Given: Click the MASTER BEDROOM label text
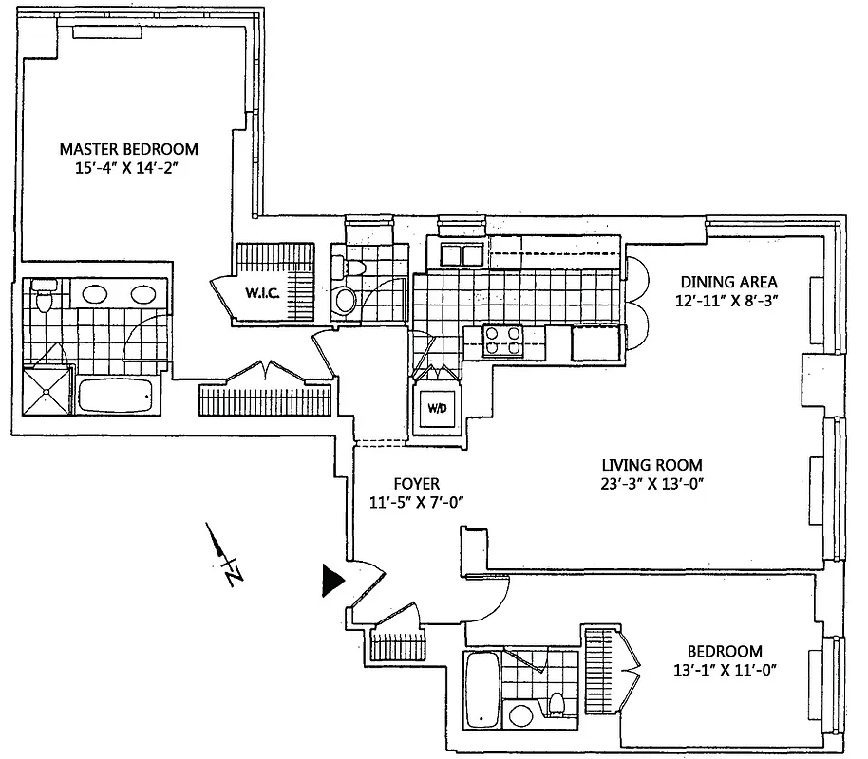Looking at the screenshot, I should [128, 149].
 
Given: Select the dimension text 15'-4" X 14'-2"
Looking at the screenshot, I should [128, 168].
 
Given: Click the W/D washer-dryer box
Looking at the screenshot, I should [436, 410].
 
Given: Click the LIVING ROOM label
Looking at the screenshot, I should [651, 465].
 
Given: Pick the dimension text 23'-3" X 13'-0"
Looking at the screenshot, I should [651, 484].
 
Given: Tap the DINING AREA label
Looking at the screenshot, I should [728, 282].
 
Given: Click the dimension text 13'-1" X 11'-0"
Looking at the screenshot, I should [725, 670].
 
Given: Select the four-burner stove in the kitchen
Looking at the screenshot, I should [503, 340].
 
